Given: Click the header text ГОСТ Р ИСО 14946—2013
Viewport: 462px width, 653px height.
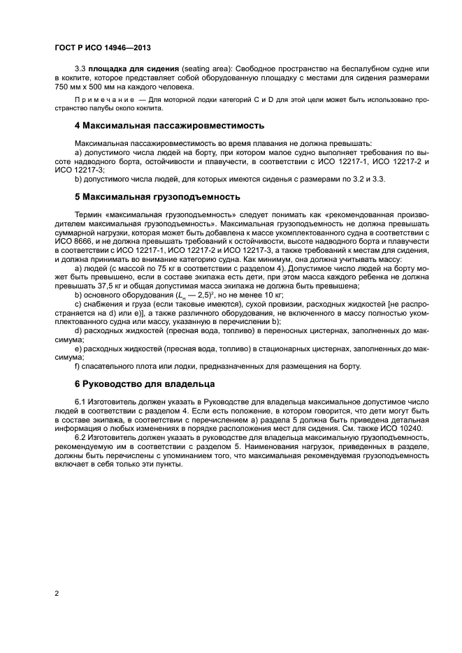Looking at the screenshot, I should (103, 47).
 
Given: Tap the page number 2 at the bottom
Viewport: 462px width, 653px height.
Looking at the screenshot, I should (56, 594).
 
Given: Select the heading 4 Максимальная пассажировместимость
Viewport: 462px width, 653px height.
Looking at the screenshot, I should (169, 126).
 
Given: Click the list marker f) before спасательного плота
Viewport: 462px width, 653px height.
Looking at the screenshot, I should (77, 366).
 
